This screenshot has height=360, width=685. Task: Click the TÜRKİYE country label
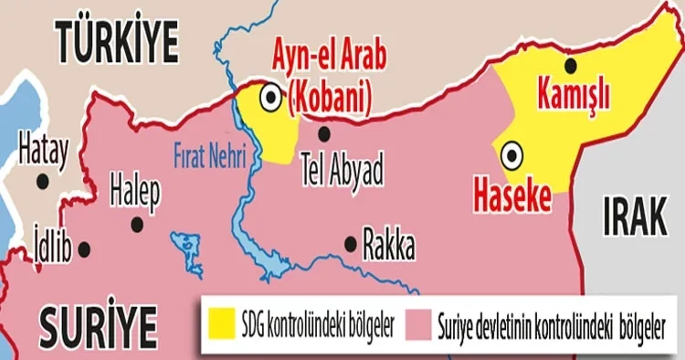(x=117, y=39)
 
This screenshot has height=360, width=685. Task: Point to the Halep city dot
(x=137, y=223)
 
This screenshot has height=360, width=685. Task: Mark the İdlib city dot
(x=84, y=249)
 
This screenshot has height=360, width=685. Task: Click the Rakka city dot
(x=350, y=243)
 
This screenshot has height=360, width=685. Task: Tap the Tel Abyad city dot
(x=323, y=134)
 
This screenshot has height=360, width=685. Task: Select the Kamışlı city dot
(x=571, y=65)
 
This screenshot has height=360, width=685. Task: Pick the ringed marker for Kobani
(x=271, y=96)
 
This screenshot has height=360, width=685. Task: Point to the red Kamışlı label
(x=574, y=94)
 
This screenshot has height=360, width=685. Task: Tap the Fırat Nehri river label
(x=209, y=155)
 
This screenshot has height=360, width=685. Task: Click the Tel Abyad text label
(x=341, y=171)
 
